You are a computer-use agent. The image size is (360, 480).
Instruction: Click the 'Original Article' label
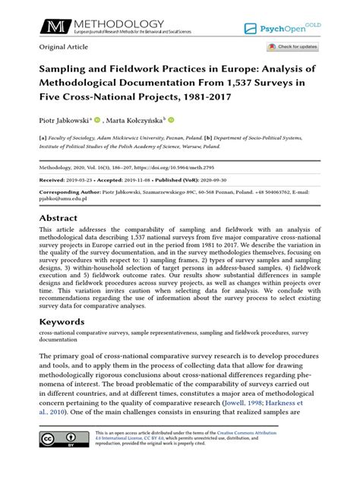55,46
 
